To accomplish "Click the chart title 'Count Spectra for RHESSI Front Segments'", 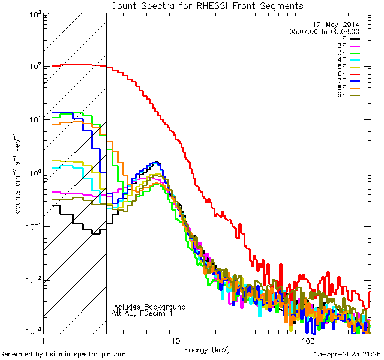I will click(x=207, y=5).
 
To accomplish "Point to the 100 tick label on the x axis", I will click(x=307, y=341).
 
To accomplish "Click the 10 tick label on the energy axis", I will click(x=175, y=341).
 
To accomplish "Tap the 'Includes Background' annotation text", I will click(x=149, y=307).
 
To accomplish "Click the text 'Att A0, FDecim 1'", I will click(x=142, y=314).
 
